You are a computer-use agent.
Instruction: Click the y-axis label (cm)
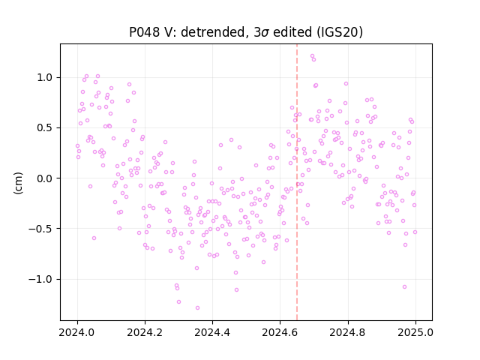pyautogui.click(x=18, y=183)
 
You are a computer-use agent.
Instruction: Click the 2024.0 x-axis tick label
pyautogui.click(x=77, y=332)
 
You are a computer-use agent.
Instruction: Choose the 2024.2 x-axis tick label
pyautogui.click(x=145, y=332)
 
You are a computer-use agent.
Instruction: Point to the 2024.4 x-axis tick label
pyautogui.click(x=212, y=332)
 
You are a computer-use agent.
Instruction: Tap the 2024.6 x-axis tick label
pyautogui.click(x=280, y=332)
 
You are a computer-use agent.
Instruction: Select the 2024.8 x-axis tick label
pyautogui.click(x=347, y=332)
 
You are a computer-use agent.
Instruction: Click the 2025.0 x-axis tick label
pyautogui.click(x=415, y=332)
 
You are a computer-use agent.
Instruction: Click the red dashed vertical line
pyautogui.click(x=297, y=182)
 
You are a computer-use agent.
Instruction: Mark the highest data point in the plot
pyautogui.click(x=312, y=56)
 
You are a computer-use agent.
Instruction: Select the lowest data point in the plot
pyautogui.click(x=197, y=308)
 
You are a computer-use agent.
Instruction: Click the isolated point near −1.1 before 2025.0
pyautogui.click(x=404, y=286)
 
